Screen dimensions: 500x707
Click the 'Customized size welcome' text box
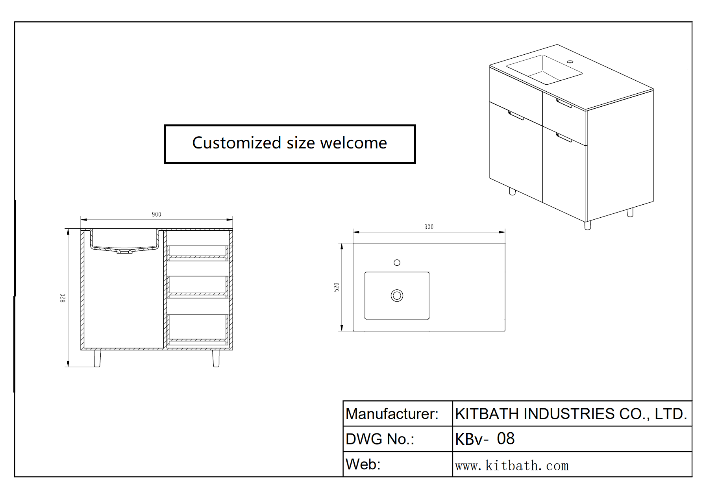coord(290,143)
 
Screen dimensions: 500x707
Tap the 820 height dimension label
coord(63,298)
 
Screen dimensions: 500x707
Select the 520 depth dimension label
coord(336,287)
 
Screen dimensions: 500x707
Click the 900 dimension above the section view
coord(156,215)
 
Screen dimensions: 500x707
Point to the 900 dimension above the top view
coord(429,227)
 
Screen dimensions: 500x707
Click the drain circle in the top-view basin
coord(397,295)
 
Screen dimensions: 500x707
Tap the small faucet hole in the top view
coord(397,263)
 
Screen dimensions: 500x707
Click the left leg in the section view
coord(97,358)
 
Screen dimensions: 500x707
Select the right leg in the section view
coord(216,358)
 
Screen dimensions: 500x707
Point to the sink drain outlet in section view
coord(124,251)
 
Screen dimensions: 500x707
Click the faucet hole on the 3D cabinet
coord(570,62)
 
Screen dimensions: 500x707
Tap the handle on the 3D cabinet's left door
coord(516,115)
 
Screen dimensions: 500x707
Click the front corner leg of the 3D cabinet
coord(588,225)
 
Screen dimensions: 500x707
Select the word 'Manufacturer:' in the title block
coord(392,414)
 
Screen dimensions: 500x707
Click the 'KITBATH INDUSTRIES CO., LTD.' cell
coord(571,414)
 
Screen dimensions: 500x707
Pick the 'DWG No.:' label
coord(380,439)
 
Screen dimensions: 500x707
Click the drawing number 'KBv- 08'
coord(485,439)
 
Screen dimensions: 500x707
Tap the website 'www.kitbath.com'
coord(512,466)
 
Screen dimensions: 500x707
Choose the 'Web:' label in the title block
coord(363,465)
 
